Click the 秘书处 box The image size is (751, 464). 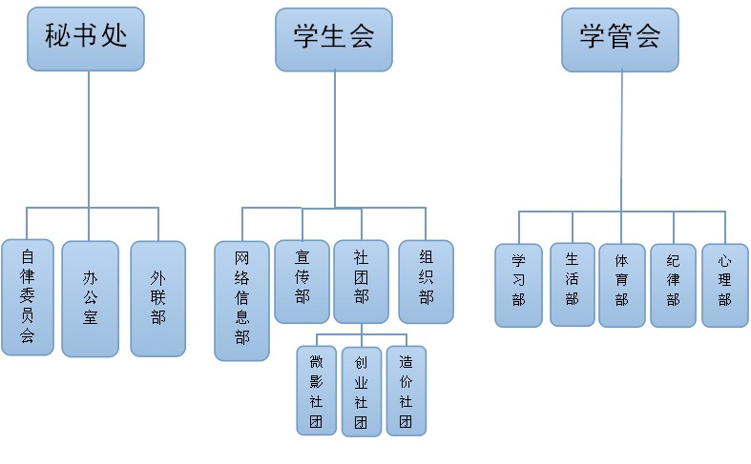tap(86, 38)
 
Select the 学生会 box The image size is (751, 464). tap(334, 39)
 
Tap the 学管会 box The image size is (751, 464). tap(620, 39)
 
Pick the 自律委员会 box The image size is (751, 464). tap(27, 298)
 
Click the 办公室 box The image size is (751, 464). tap(90, 298)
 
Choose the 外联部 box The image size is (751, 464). tap(157, 298)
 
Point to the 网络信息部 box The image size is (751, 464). tap(241, 300)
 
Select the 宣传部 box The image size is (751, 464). tap(302, 281)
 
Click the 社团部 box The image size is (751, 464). tap(361, 281)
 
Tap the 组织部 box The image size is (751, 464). tap(426, 281)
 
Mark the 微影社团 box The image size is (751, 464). tap(316, 391)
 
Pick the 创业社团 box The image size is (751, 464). tap(361, 392)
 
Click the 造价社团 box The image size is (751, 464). tap(406, 391)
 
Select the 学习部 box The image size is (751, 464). tap(518, 286)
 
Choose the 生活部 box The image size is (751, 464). tap(572, 284)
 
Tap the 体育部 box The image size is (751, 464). tap(621, 286)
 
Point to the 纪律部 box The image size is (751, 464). tap(674, 286)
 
